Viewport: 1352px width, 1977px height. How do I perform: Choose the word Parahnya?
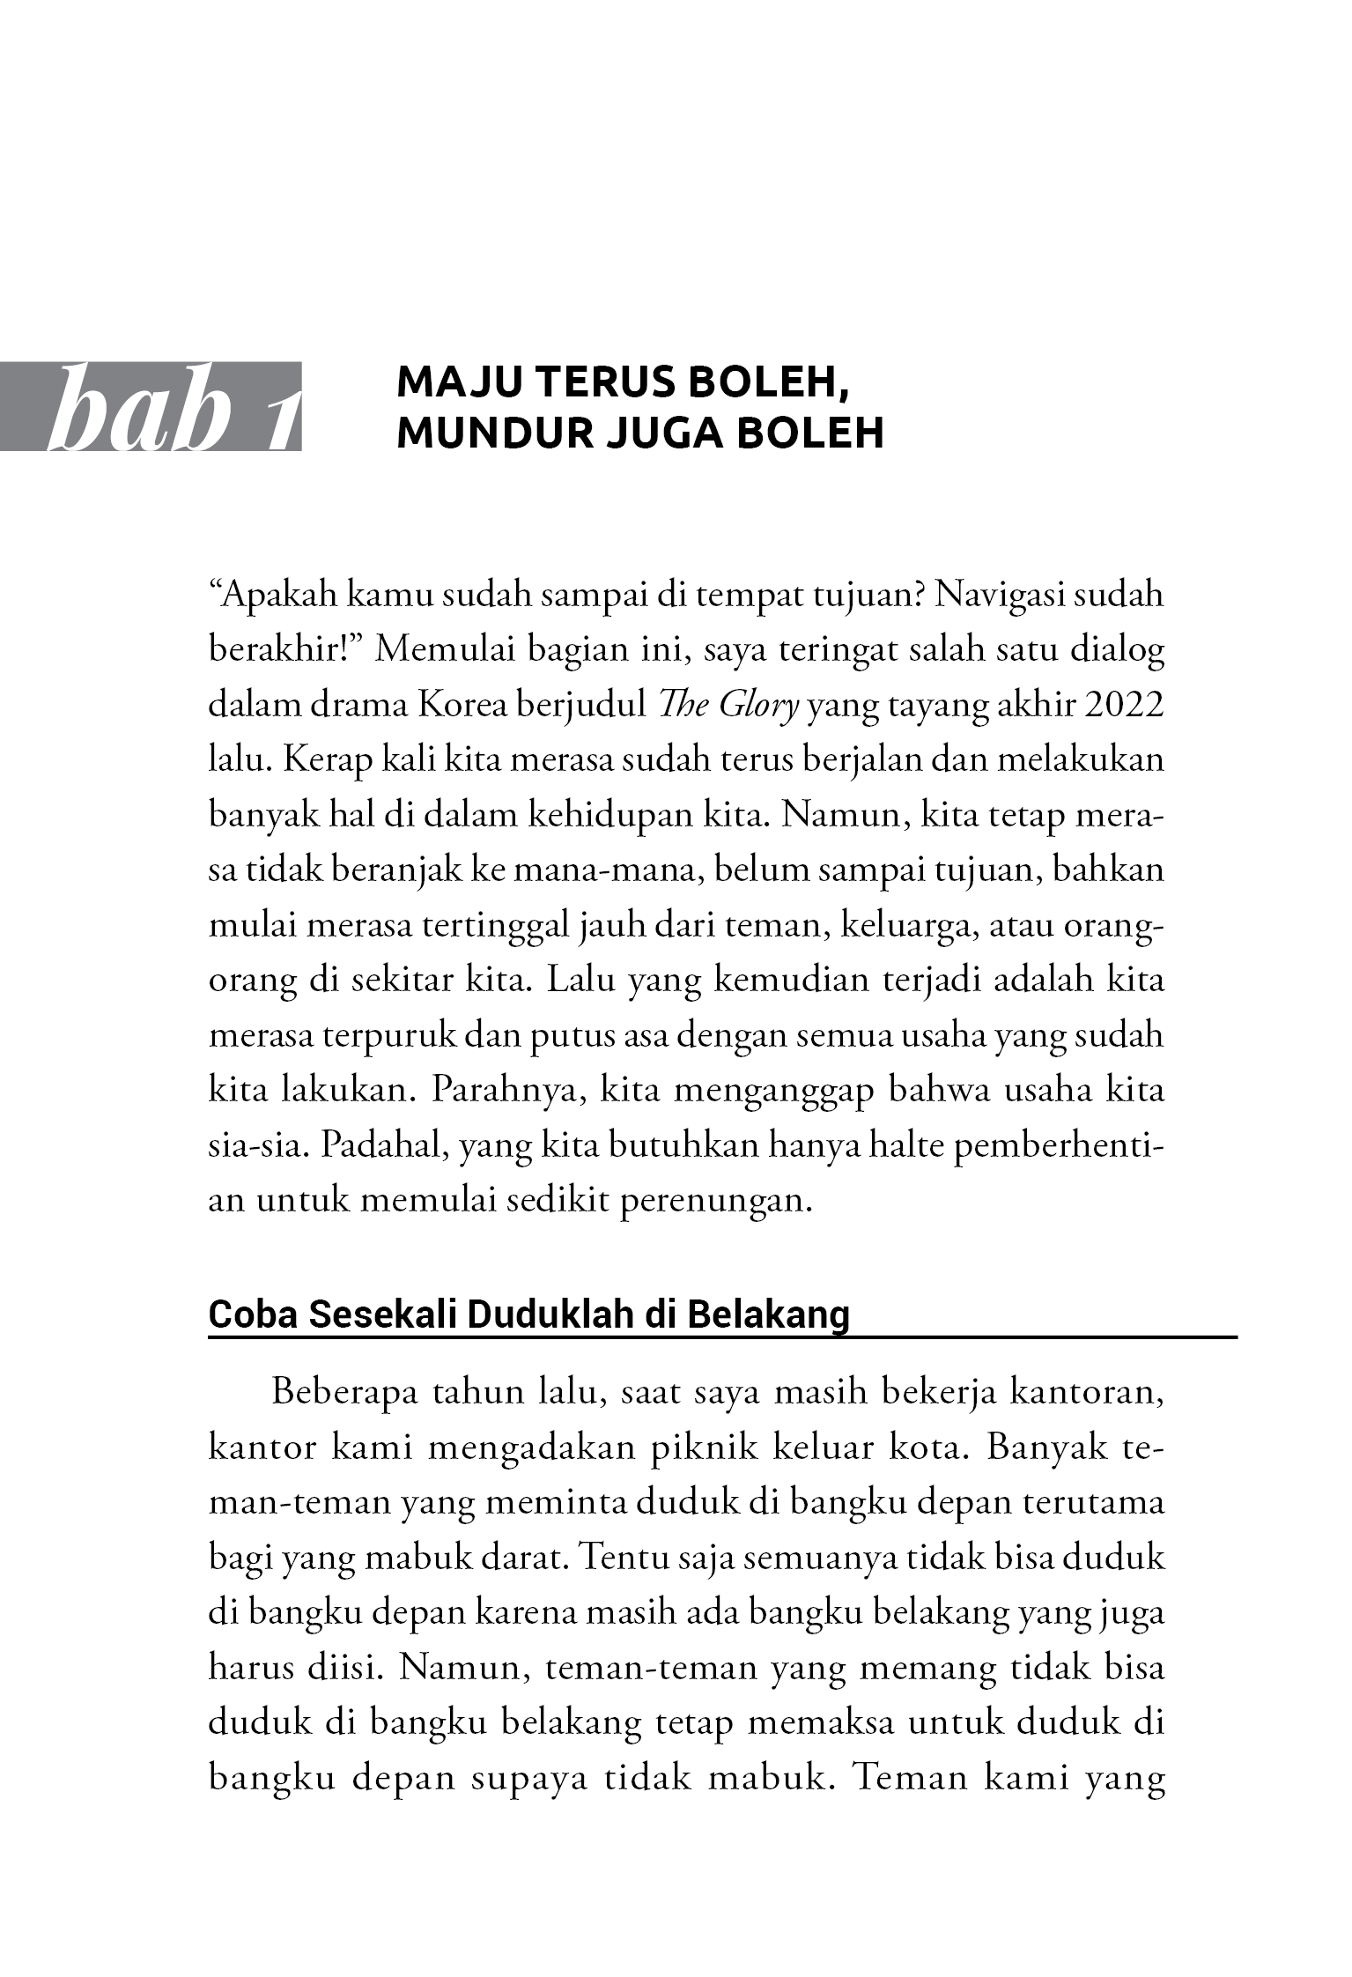click(508, 1090)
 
